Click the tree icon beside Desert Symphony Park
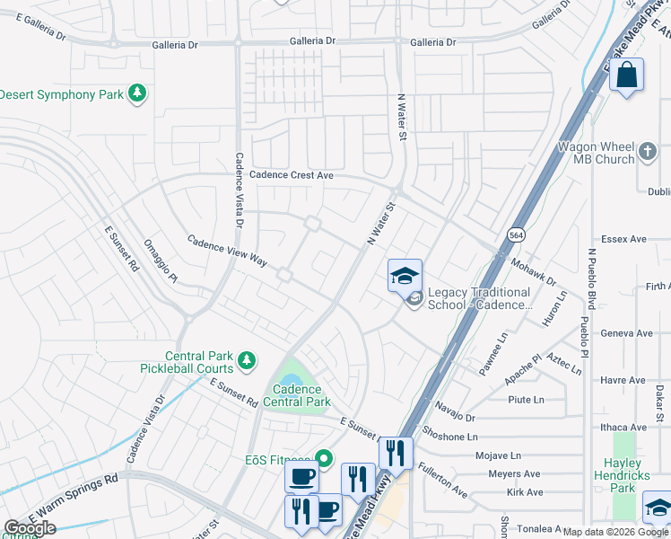(x=137, y=93)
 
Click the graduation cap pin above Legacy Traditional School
(x=405, y=276)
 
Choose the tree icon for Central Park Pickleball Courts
(x=246, y=361)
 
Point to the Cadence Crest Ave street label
(x=292, y=175)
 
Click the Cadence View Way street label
(x=227, y=251)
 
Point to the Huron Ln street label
(x=560, y=306)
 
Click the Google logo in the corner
(x=29, y=528)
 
